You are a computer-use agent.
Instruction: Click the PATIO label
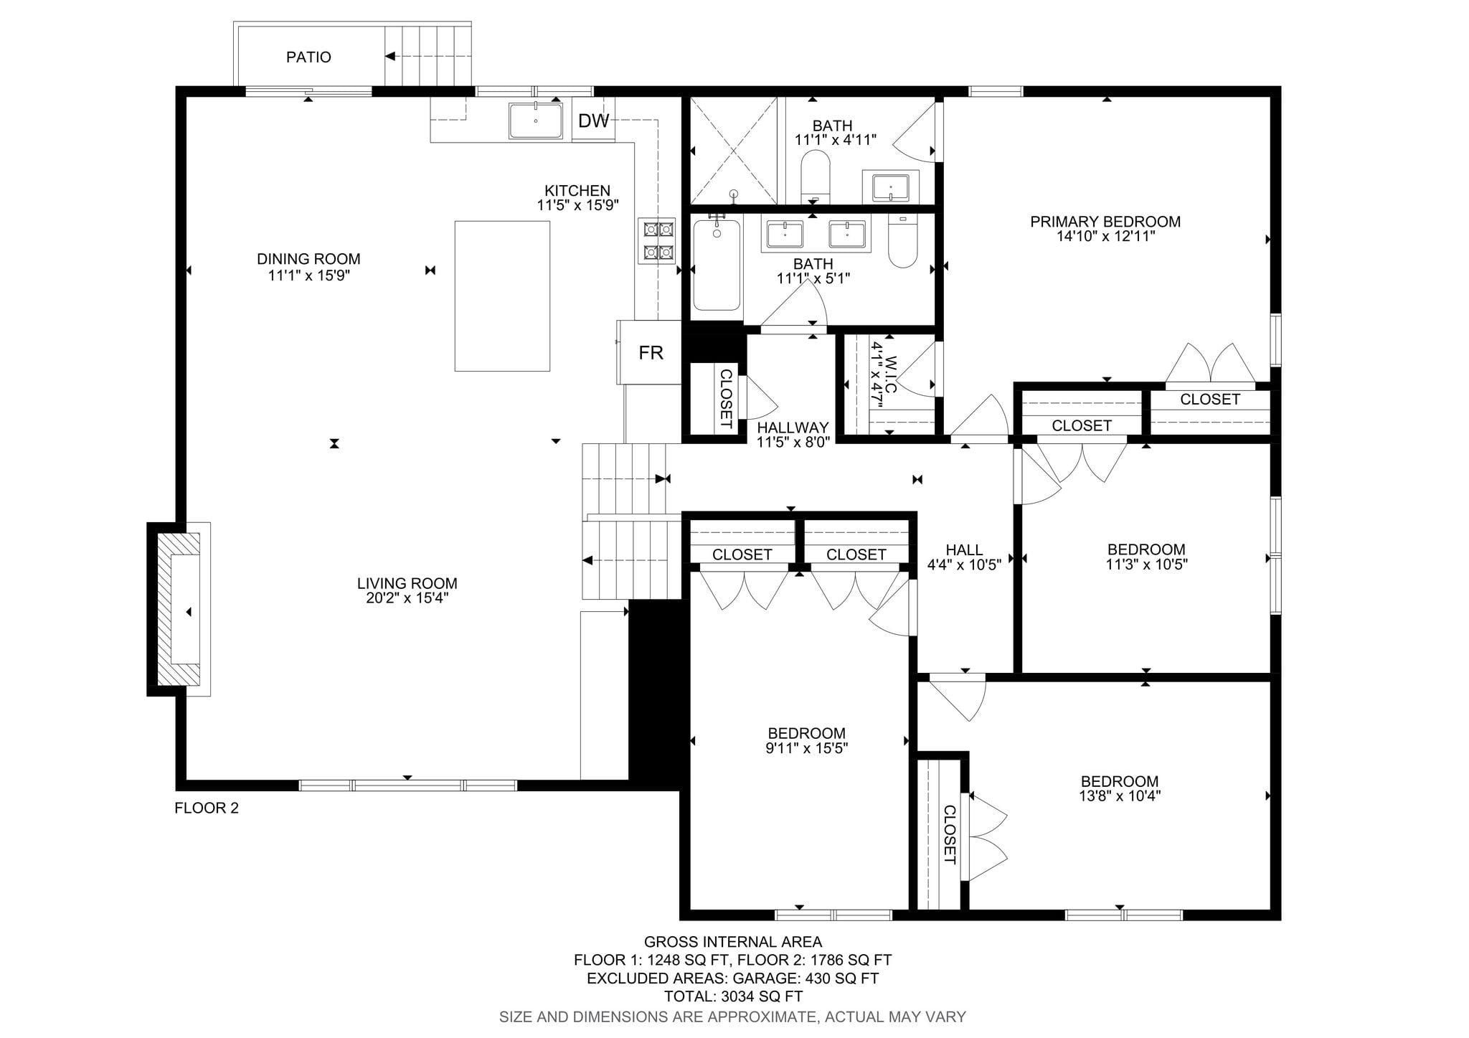[308, 57]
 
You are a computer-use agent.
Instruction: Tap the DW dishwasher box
[593, 121]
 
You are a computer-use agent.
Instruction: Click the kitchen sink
[536, 120]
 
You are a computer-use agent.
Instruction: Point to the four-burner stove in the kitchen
[658, 240]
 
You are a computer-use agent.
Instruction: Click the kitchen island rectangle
[502, 296]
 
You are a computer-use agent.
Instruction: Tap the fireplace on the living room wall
[179, 609]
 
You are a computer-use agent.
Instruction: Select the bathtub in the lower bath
[717, 264]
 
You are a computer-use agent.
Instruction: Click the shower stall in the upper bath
[734, 151]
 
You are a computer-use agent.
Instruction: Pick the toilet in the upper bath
[815, 176]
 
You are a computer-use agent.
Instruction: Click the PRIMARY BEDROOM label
[1105, 222]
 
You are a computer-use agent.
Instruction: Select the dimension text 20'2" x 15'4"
[407, 598]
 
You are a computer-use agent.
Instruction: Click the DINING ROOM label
[308, 259]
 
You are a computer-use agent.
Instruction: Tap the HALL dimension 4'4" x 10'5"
[964, 565]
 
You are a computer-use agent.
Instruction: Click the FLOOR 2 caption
[207, 808]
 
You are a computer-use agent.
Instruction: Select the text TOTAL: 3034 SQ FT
[733, 996]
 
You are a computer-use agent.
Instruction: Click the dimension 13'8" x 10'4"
[1120, 796]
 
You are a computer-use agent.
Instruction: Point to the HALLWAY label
[793, 428]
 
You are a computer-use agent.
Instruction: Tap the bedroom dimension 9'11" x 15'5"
[807, 748]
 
